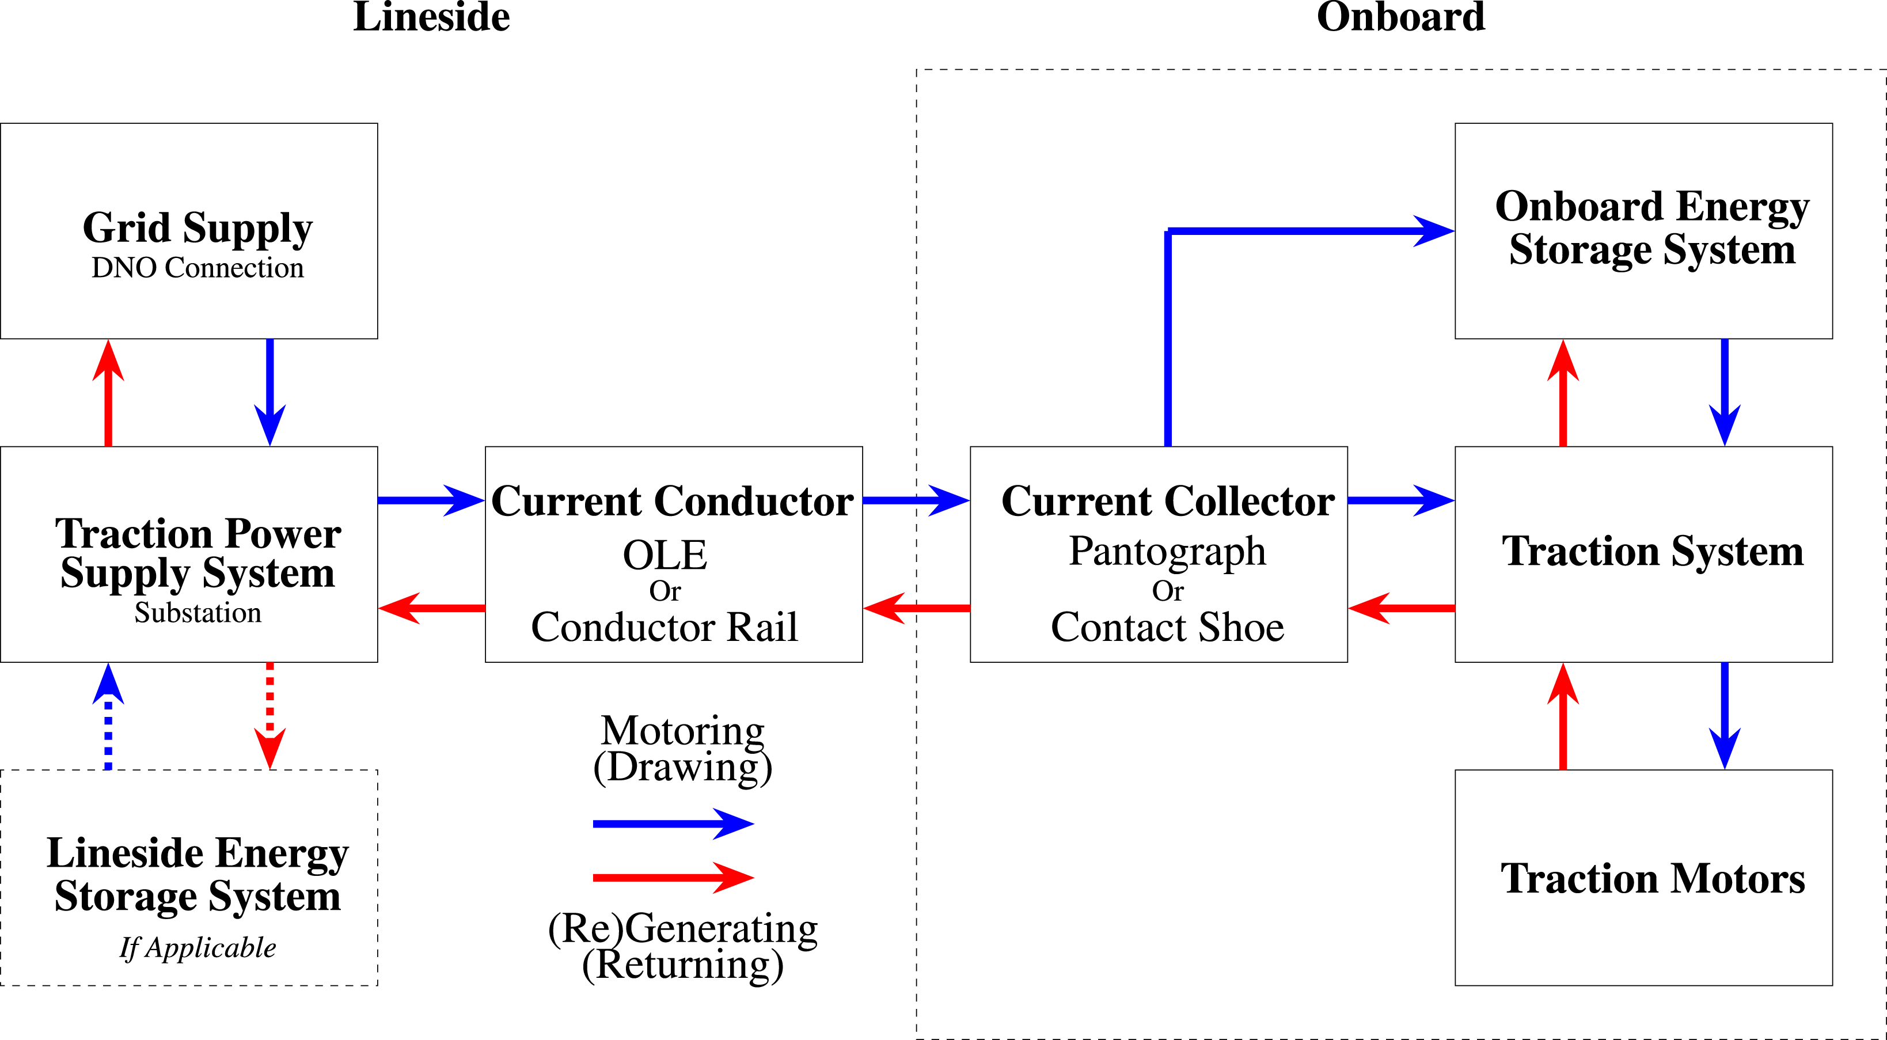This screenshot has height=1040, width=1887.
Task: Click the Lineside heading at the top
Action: tap(431, 16)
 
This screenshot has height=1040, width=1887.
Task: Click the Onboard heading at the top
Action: tap(1400, 16)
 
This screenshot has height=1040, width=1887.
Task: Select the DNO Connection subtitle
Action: tap(197, 268)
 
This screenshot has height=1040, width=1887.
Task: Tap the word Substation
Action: tap(198, 612)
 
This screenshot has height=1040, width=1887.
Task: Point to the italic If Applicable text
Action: tap(198, 948)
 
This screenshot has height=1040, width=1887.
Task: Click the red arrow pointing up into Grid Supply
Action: tap(108, 393)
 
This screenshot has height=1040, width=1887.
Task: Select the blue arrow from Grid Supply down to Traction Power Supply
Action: tap(269, 393)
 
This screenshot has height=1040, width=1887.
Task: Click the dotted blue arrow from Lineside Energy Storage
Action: tap(108, 716)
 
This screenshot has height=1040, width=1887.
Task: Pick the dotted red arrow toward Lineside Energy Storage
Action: tap(269, 716)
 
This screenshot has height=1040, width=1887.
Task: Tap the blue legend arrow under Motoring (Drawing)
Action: tap(673, 824)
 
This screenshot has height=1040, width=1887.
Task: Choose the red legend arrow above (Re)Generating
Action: tap(673, 878)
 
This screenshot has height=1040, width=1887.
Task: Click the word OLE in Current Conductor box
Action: tap(665, 555)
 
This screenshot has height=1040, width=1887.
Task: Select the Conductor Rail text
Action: tap(665, 627)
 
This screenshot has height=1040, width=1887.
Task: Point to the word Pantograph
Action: tap(1168, 552)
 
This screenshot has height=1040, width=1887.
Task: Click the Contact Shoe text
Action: tap(1168, 627)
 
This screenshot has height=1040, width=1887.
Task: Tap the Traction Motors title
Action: tap(1653, 878)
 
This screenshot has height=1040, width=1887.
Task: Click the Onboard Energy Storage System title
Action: tap(1653, 229)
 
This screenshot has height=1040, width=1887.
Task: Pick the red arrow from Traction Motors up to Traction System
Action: tap(1563, 716)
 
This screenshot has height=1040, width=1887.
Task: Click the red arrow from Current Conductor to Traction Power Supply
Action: tap(431, 608)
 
